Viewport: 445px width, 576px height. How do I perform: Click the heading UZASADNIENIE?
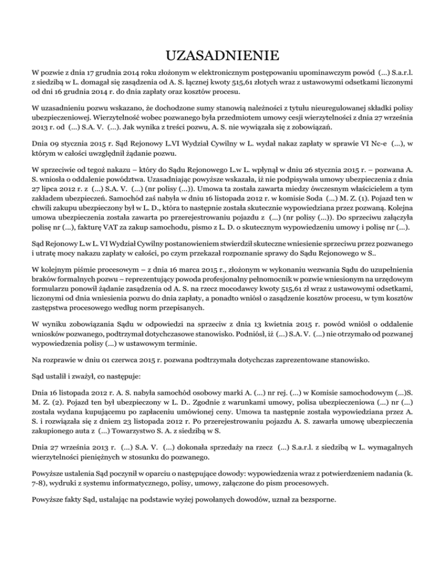(x=222, y=56)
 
